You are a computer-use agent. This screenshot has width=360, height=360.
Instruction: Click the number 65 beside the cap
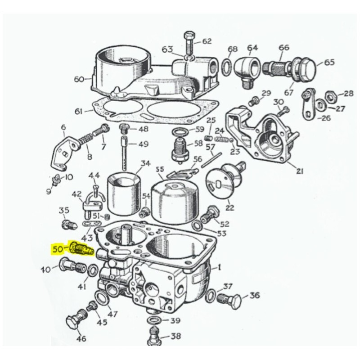[329, 62]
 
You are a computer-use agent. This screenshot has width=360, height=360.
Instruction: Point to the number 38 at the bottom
[175, 336]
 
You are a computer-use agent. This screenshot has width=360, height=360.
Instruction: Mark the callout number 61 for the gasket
[79, 111]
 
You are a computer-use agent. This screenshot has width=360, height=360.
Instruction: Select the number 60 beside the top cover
[79, 79]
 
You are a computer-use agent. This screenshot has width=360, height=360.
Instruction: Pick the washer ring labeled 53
[197, 225]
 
